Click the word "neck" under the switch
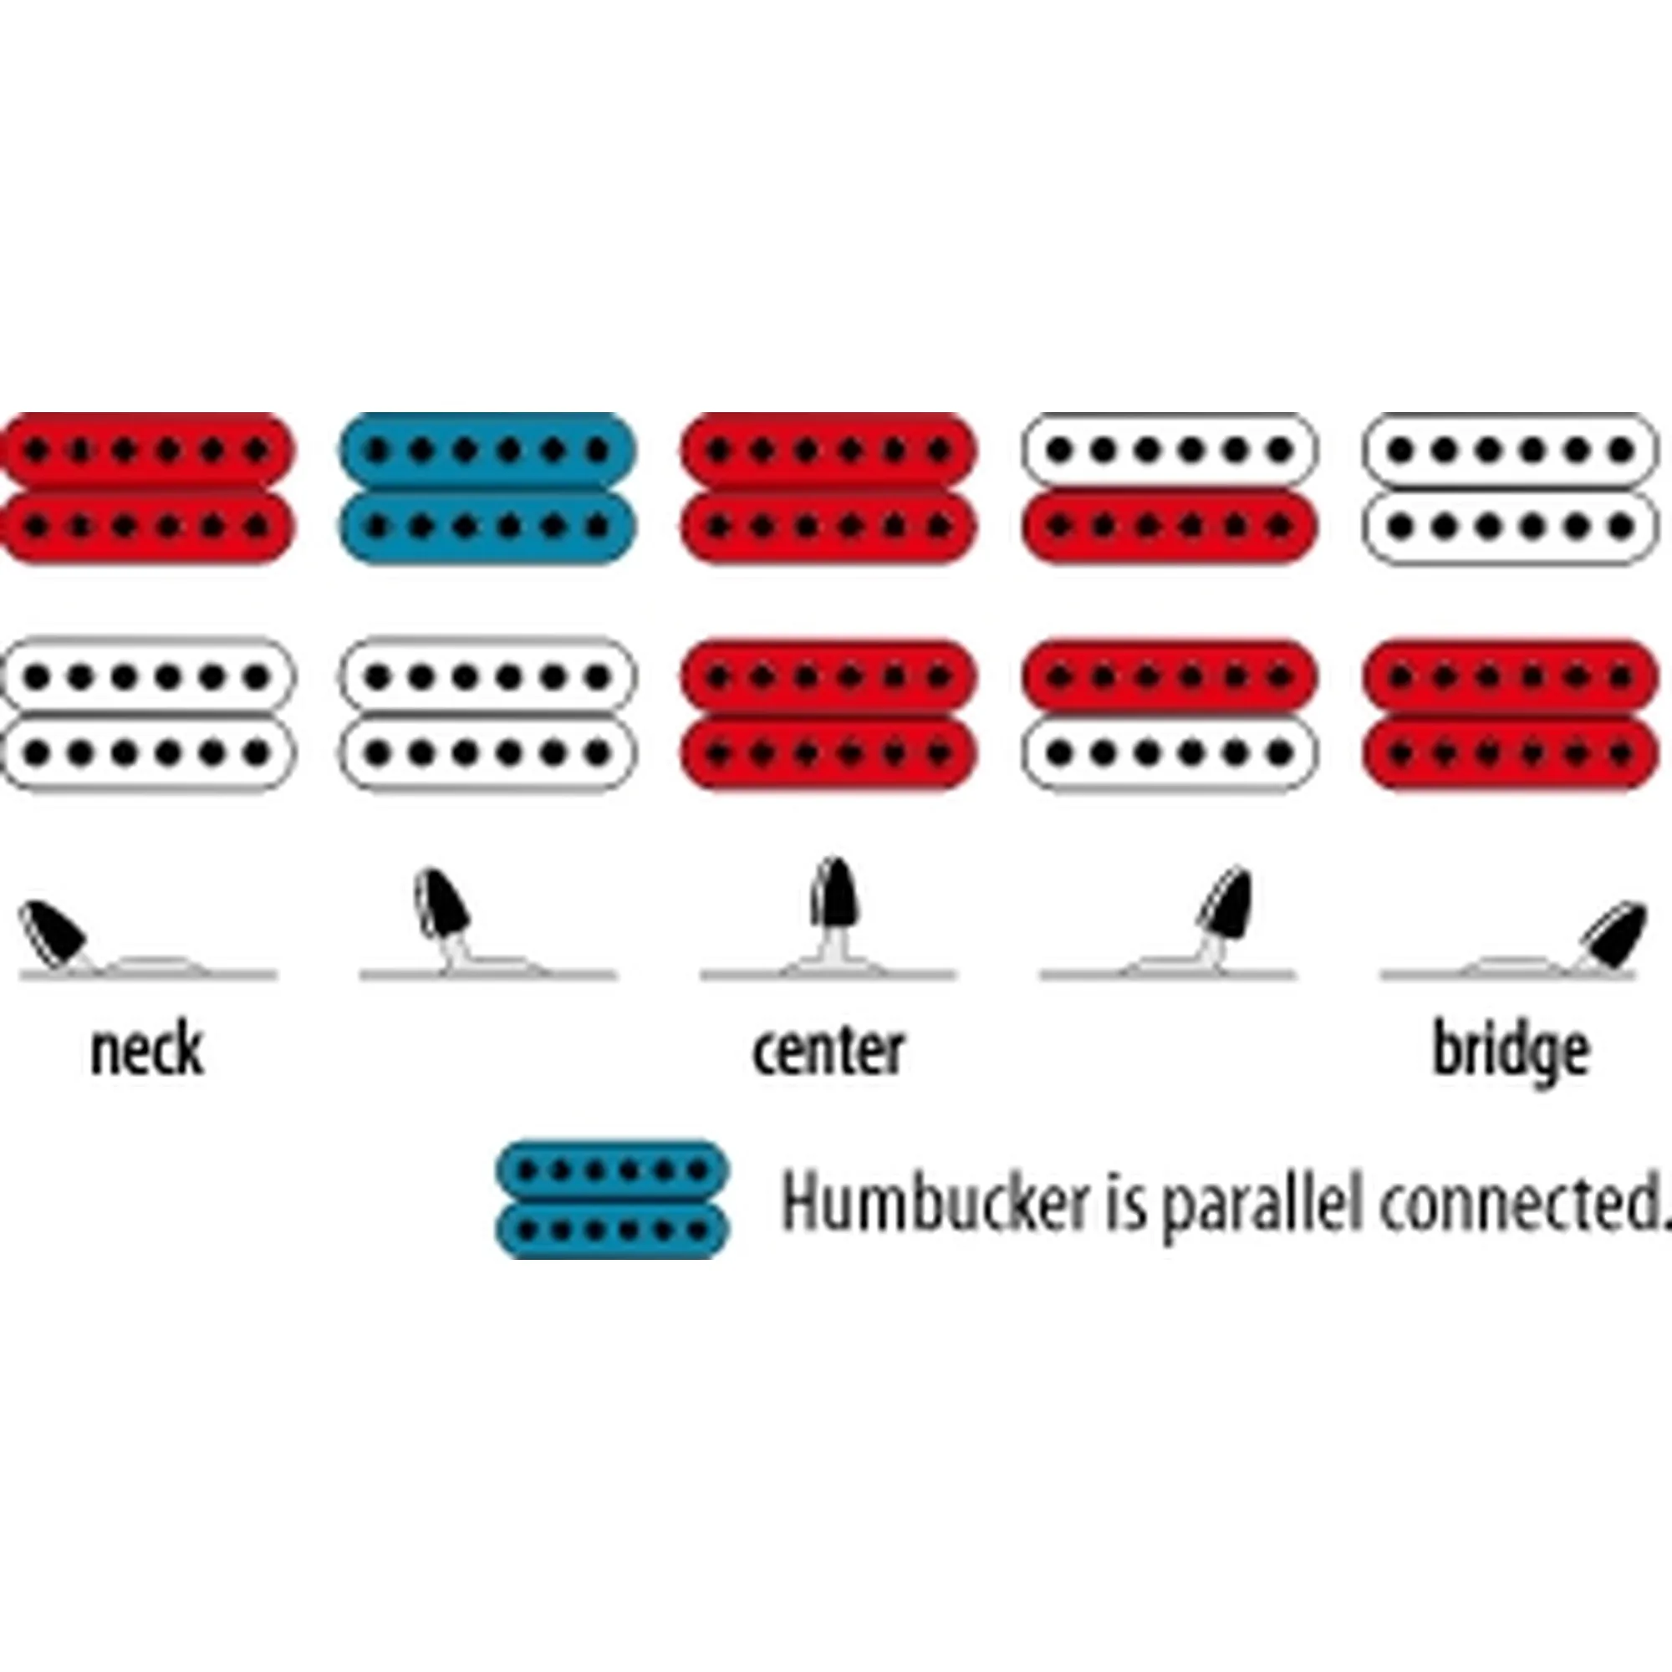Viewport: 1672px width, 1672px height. [146, 1051]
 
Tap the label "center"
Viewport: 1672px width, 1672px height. [828, 1051]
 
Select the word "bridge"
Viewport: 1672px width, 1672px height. [1511, 1053]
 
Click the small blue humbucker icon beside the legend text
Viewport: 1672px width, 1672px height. [612, 1200]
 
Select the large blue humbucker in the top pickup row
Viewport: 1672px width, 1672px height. [487, 488]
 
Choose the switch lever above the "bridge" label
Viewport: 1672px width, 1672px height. [1612, 934]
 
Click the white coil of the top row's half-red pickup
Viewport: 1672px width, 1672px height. [1170, 450]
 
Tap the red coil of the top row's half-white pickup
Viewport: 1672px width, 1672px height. [1170, 526]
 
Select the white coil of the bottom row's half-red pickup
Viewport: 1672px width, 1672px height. [1170, 754]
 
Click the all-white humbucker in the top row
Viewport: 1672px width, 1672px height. [1511, 488]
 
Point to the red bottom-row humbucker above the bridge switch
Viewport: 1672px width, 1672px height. [1511, 715]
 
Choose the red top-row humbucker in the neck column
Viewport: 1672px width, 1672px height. [146, 488]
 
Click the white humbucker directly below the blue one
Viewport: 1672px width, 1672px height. [487, 715]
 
